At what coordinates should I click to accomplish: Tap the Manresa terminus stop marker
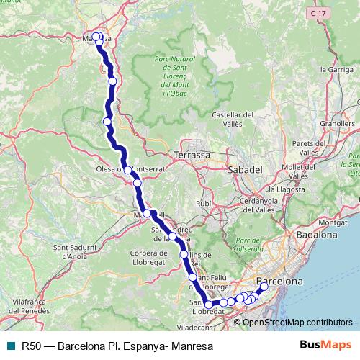pos(96,37)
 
